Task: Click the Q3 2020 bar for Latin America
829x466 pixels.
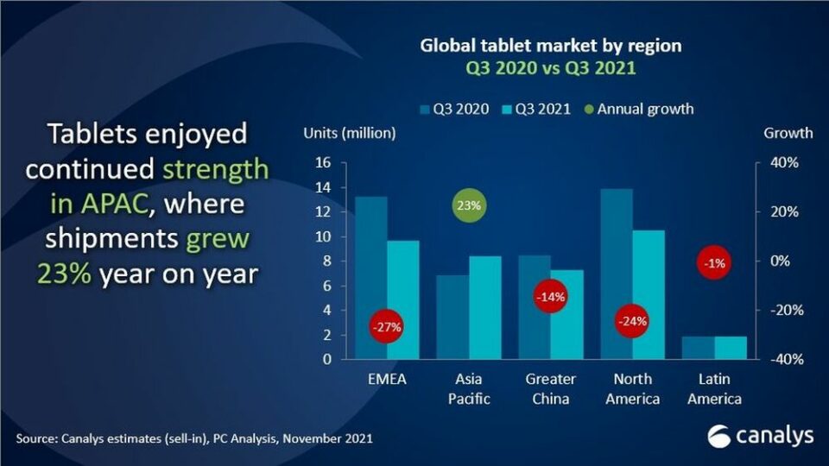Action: tap(699, 348)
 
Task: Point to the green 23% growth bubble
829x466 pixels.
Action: tap(470, 205)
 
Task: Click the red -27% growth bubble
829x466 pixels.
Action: tap(386, 327)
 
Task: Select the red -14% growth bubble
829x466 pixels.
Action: tap(550, 297)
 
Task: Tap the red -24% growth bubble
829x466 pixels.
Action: tap(631, 321)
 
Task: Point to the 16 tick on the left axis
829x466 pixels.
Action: tap(324, 162)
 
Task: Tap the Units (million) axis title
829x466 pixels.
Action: tap(349, 133)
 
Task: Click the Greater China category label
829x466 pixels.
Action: tap(550, 389)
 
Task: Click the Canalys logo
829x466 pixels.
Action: tap(760, 436)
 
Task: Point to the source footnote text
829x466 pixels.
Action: tap(193, 439)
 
